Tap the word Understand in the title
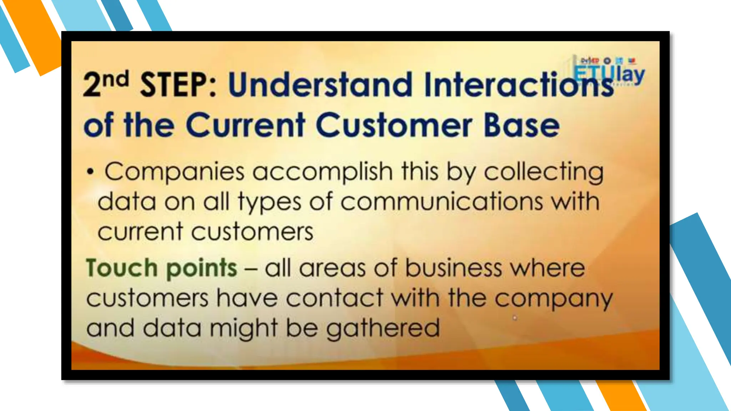pyautogui.click(x=320, y=85)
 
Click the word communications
pyautogui.click(x=442, y=202)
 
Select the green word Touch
pyautogui.click(x=122, y=268)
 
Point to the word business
pyautogui.click(x=453, y=268)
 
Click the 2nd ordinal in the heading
pyautogui.click(x=106, y=84)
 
